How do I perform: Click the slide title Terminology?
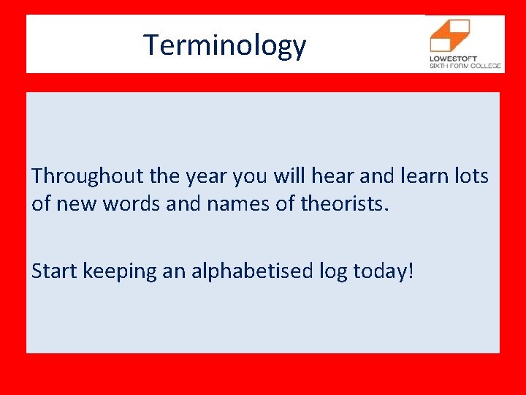224,45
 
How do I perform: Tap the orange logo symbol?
449,35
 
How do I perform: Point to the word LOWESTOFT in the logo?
454,58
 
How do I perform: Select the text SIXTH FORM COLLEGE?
465,66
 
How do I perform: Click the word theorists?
345,203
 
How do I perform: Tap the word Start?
56,271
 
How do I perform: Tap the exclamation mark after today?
411,271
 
